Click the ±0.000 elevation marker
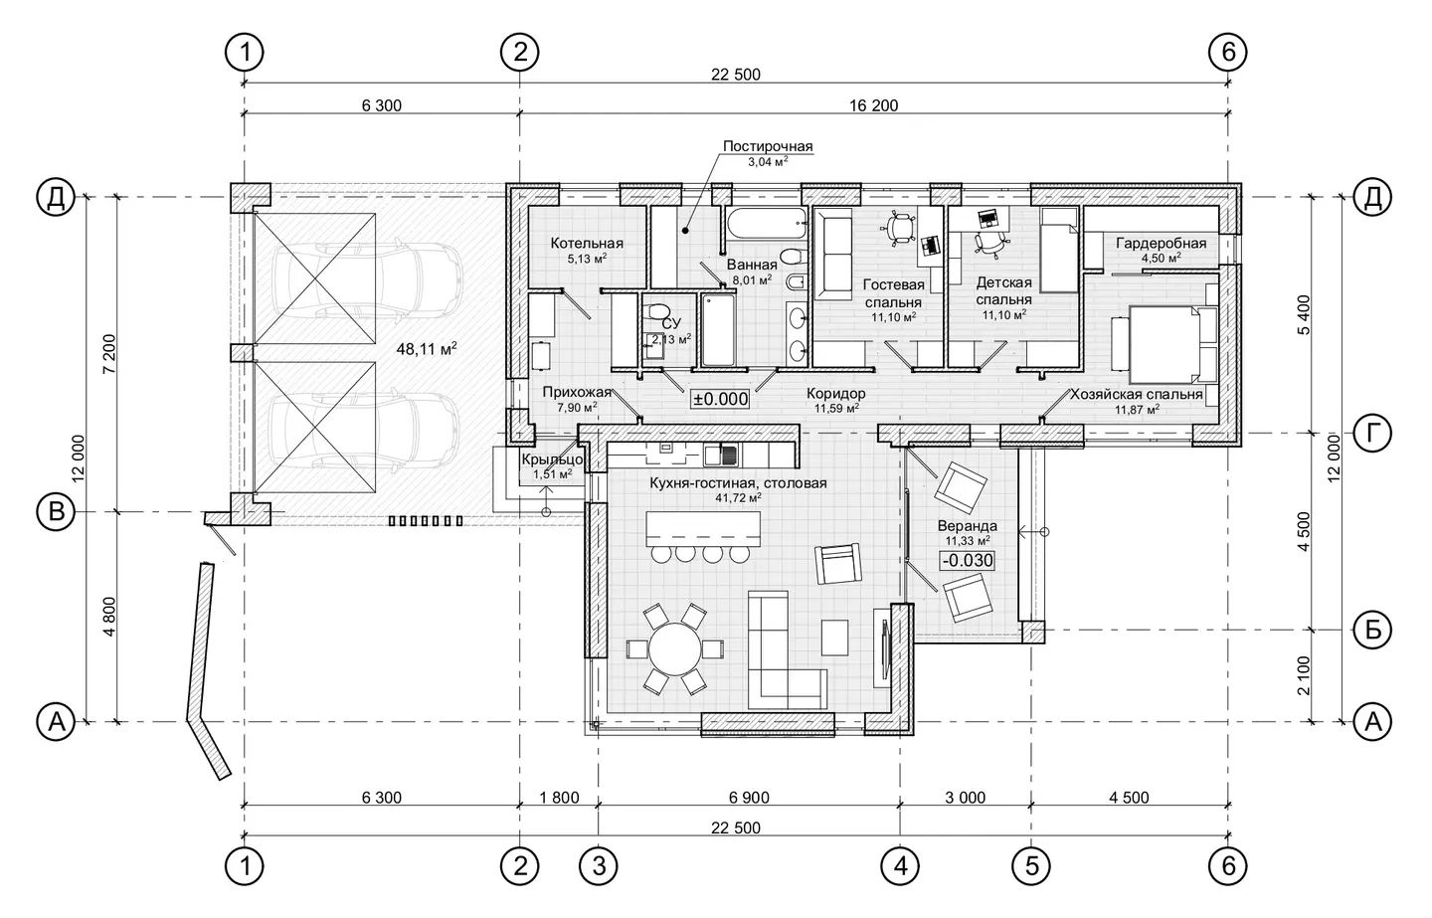point(720,399)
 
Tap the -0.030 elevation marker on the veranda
point(968,561)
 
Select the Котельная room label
point(587,243)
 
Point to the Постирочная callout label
point(768,146)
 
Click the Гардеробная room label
point(1162,243)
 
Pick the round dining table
point(675,648)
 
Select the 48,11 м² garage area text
point(427,349)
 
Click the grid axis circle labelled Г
point(1372,433)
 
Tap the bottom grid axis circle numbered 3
point(599,866)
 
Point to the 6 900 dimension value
point(749,798)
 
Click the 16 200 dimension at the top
point(873,105)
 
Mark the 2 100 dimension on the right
point(1303,675)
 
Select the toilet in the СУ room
point(655,311)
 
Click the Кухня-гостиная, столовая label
point(738,483)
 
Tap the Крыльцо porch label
point(552,459)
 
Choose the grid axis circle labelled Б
point(1372,631)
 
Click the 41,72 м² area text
point(739,498)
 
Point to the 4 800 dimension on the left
point(109,617)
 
